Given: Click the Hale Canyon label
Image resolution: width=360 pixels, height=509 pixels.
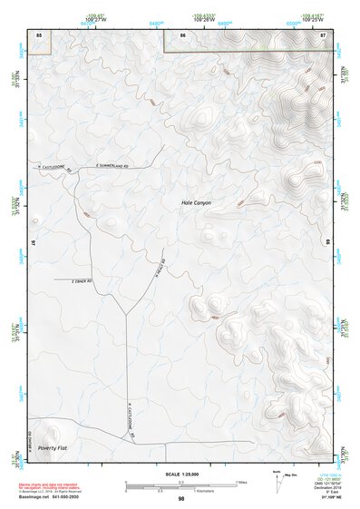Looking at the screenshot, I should tap(196, 202).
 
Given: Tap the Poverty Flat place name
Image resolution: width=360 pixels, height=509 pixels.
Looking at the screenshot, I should tap(54, 448).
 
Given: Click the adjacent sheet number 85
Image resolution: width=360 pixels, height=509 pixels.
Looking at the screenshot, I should tap(39, 34).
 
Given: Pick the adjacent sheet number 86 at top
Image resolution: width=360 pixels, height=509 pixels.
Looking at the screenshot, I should tap(183, 34).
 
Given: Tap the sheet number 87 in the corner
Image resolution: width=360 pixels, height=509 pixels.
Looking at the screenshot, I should tap(323, 34).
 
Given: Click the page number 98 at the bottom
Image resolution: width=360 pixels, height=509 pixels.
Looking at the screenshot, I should tap(181, 499).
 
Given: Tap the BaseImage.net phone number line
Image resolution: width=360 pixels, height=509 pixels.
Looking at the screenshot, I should tap(50, 497).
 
